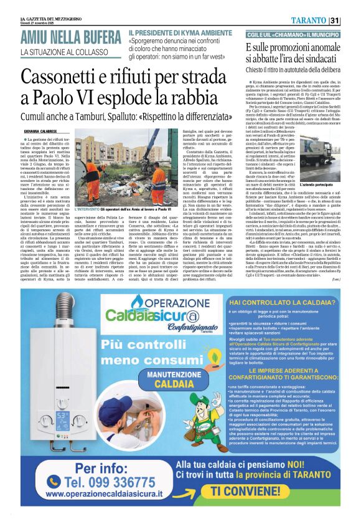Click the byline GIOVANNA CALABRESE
[x=42, y=131]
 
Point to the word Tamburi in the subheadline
[x=110, y=117]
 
